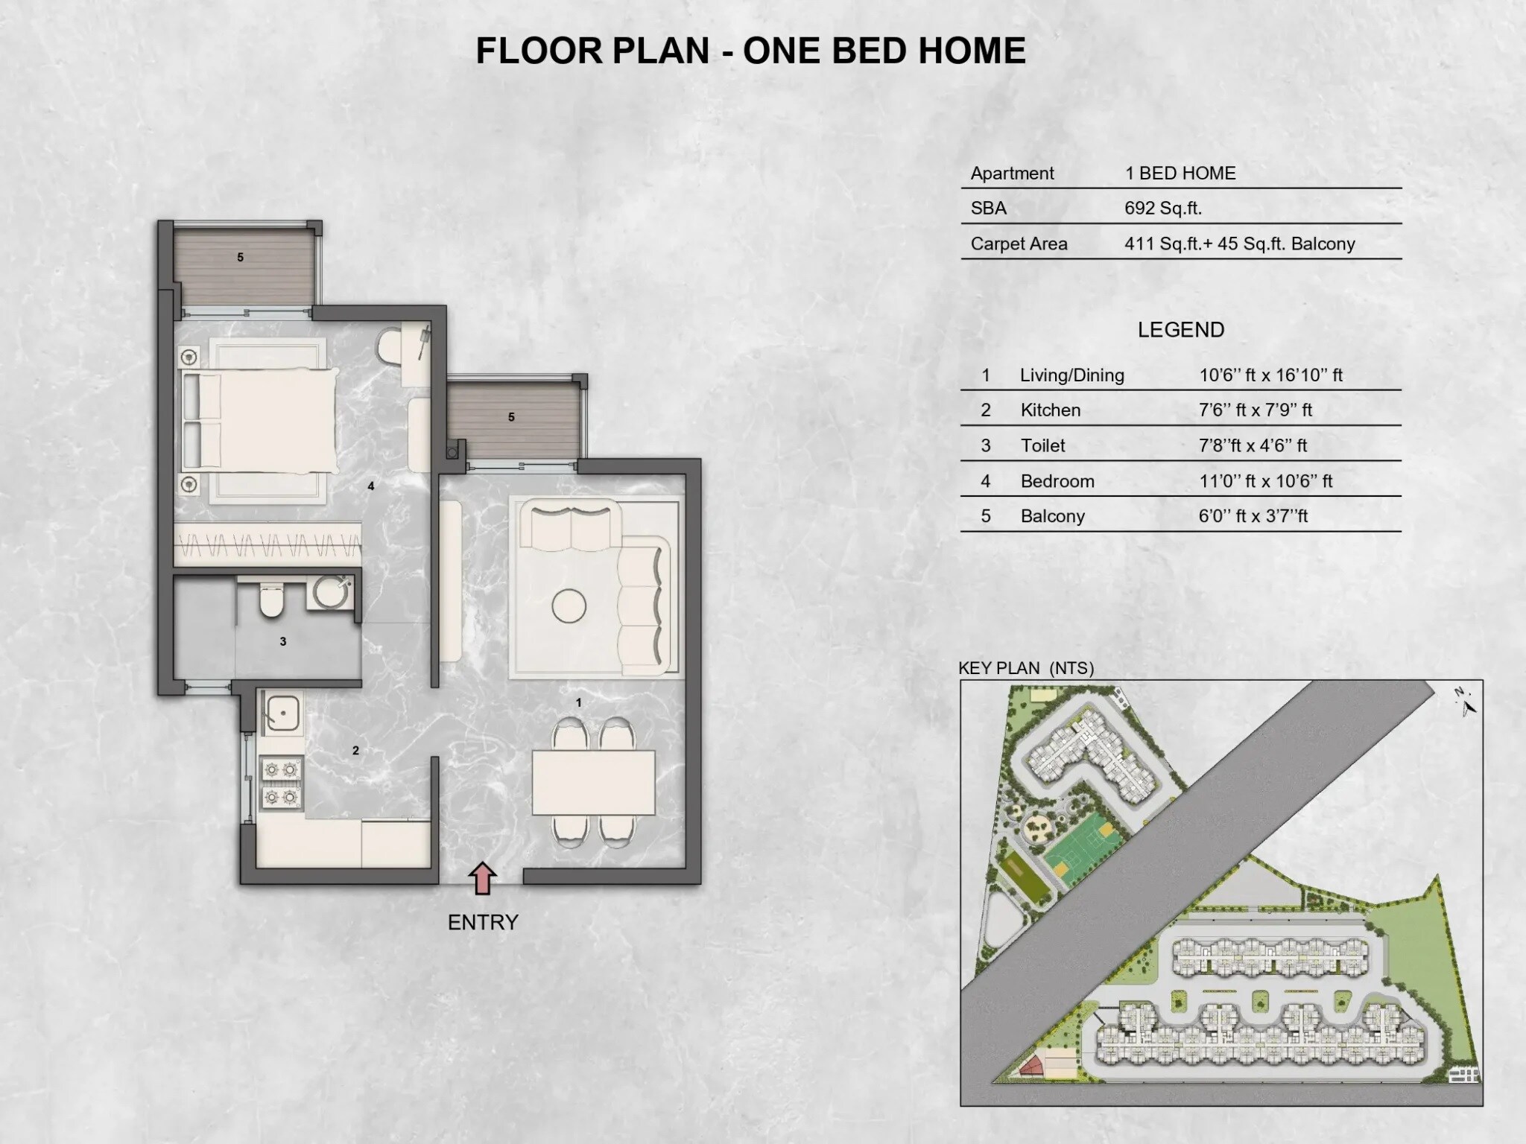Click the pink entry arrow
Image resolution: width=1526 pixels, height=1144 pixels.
[483, 878]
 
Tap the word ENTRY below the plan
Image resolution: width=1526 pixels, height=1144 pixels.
[483, 923]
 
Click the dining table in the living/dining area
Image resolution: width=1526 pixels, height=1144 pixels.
[593, 783]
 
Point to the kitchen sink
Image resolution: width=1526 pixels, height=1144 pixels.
[282, 712]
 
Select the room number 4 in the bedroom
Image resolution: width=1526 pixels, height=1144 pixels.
[370, 486]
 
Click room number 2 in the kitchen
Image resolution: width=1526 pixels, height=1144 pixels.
[355, 751]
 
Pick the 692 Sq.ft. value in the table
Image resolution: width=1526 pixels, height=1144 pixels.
[1162, 209]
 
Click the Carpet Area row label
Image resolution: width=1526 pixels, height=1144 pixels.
[1019, 244]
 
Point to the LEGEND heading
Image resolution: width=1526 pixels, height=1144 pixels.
[1180, 330]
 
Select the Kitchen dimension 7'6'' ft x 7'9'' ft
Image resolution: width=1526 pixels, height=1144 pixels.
[1255, 410]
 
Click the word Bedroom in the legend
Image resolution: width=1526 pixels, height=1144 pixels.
[1057, 481]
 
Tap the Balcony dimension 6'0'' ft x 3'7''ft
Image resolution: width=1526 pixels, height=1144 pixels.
[1253, 516]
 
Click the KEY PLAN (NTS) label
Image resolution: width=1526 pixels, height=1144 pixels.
[1025, 668]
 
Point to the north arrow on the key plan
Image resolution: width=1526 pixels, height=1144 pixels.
[1466, 702]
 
